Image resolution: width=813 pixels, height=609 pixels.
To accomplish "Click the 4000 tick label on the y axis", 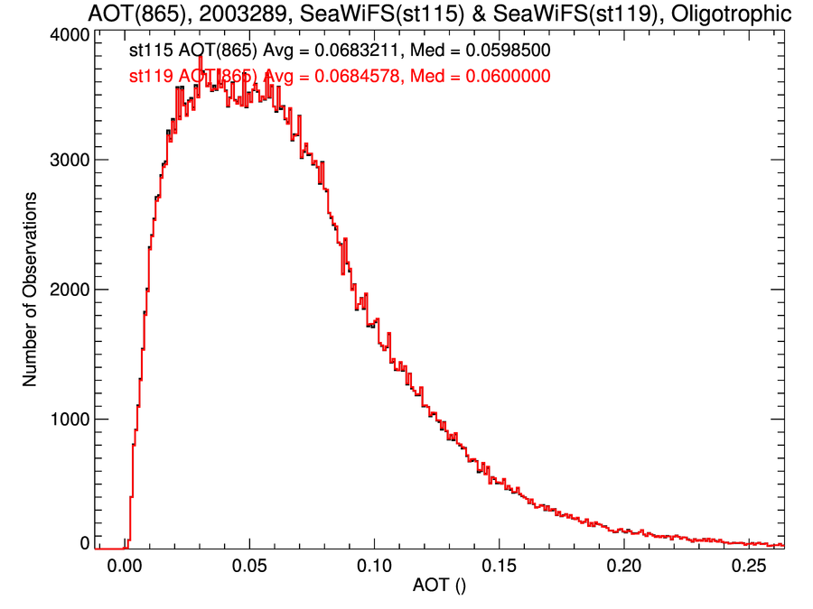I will tap(68, 33).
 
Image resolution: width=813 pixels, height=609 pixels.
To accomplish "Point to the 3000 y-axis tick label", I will tap(68, 161).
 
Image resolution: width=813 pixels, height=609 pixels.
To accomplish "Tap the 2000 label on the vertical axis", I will tap(68, 290).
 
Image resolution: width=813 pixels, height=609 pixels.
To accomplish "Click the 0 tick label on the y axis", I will tap(84, 543).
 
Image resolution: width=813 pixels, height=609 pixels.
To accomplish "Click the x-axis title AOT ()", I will tap(441, 587).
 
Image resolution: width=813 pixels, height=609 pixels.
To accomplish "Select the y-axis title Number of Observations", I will tap(30, 289).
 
